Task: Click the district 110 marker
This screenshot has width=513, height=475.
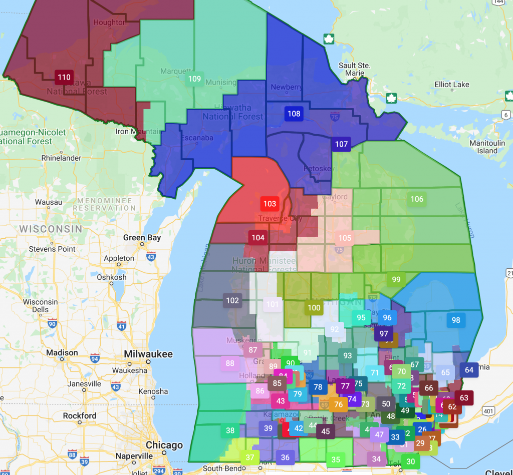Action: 64,77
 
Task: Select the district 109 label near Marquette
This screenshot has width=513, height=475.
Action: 194,79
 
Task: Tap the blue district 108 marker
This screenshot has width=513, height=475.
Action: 294,114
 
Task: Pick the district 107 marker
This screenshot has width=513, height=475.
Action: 341,144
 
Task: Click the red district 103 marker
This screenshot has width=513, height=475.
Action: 270,204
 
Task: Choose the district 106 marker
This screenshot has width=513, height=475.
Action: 417,199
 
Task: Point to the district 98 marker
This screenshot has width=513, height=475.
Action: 455,320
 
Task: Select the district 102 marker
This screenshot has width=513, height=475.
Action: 232,300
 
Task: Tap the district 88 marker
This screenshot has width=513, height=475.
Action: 230,363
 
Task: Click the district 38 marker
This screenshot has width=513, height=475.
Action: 230,430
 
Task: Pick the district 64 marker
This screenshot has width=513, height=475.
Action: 469,370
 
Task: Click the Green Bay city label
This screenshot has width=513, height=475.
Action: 142,238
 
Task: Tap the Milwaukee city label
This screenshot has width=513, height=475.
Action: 148,354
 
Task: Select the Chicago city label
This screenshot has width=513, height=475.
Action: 164,445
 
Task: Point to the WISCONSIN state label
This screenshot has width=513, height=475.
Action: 51,229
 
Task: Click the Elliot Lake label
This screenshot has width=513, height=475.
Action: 452,85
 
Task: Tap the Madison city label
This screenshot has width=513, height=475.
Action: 62,353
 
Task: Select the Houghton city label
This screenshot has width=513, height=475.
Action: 110,23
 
